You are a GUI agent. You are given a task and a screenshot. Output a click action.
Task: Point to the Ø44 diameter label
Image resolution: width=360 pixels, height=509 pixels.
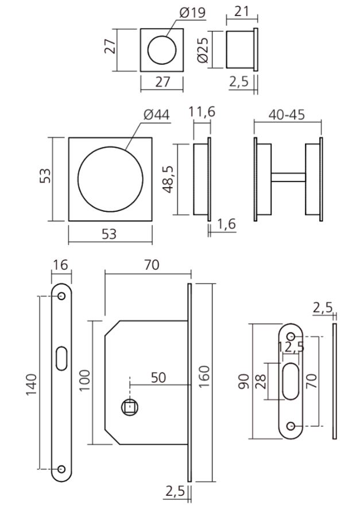156,115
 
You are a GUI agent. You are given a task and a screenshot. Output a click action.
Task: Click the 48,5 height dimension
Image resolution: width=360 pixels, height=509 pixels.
170,178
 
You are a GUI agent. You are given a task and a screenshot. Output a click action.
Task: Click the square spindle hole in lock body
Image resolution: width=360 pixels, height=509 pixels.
130,408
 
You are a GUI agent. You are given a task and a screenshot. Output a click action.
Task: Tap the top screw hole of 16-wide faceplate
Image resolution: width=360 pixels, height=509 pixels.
61,297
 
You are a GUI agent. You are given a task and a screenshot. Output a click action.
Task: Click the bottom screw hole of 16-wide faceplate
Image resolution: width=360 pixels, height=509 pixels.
61,469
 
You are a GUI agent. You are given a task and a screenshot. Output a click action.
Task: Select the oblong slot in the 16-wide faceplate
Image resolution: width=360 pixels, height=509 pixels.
61,356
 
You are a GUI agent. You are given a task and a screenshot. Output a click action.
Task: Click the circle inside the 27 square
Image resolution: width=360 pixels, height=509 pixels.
162,50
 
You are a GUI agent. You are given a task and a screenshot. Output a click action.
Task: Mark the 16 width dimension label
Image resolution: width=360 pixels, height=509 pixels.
60,265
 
